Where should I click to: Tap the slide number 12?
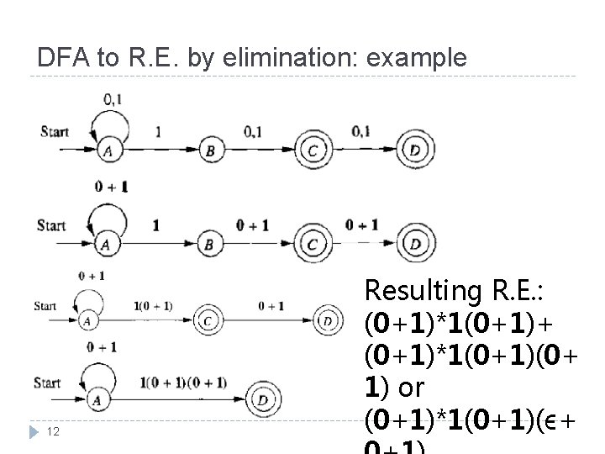[x=52, y=431]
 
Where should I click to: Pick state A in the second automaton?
[x=107, y=245]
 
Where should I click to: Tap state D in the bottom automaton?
[x=264, y=401]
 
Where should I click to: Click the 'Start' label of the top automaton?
[x=54, y=132]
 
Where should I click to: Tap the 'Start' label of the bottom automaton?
[x=48, y=383]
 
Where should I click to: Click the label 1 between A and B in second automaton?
[x=155, y=224]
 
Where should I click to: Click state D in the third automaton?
[x=329, y=321]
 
